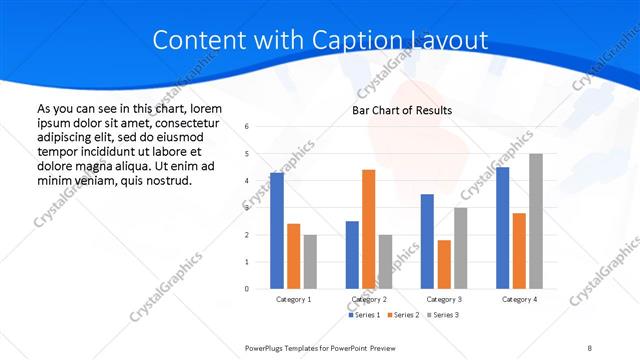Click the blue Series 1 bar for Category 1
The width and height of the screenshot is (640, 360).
click(277, 231)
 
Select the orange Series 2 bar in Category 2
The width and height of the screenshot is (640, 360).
click(368, 229)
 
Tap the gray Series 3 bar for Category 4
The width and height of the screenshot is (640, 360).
click(536, 221)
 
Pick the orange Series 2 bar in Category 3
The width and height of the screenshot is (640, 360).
click(444, 264)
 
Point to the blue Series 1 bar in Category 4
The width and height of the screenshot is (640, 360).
click(502, 228)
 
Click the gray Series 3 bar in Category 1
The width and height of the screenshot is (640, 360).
click(310, 262)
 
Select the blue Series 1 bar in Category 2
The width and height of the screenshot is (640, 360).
click(352, 255)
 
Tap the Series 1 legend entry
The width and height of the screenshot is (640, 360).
click(364, 315)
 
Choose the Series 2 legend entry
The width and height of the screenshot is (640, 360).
click(402, 315)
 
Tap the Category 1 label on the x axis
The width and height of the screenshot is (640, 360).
click(293, 300)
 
